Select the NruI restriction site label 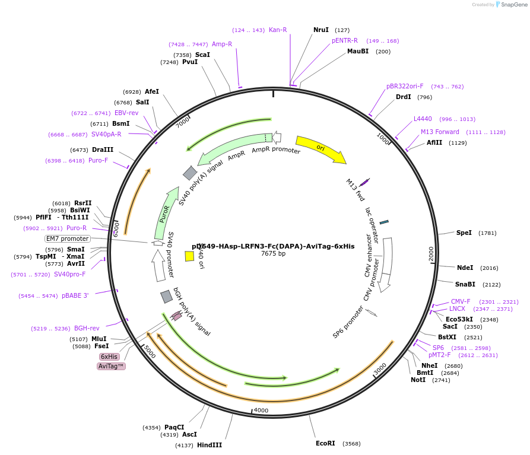321,30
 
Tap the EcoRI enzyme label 325,443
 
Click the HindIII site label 210,445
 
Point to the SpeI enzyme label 464,233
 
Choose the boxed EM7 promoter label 68,238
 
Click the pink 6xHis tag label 109,357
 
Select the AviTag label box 111,366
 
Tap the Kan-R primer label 278,30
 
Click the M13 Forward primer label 440,132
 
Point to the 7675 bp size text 274,254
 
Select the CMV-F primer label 461,301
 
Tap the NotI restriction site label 418,380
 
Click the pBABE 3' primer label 75,295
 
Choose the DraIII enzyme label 103,150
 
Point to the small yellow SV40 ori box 189,256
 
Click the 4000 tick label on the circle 261,411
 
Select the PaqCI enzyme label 174,427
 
